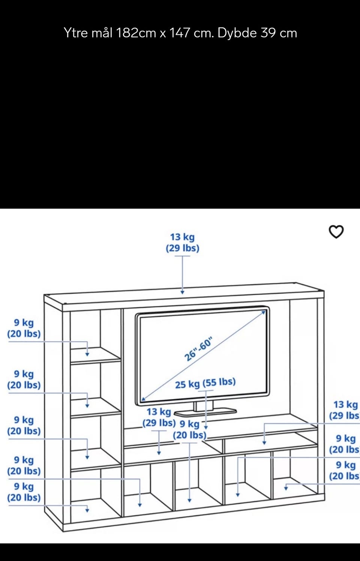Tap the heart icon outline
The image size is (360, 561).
tap(336, 232)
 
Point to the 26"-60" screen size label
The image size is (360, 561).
tap(198, 349)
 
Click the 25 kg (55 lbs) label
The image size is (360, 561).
tap(205, 383)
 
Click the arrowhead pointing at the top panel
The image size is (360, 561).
tap(182, 292)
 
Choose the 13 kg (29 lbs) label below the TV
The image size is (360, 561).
tap(159, 417)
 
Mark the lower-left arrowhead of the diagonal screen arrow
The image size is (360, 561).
tap(143, 400)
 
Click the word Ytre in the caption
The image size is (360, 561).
tap(76, 33)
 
